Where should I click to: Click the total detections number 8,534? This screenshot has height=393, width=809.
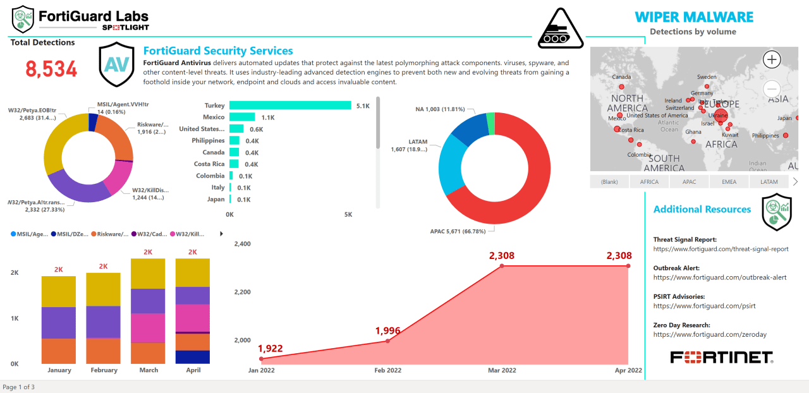pyautogui.click(x=51, y=70)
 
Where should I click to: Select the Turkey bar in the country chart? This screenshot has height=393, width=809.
pyautogui.click(x=290, y=106)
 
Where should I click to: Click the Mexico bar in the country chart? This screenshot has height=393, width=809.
pyautogui.click(x=242, y=117)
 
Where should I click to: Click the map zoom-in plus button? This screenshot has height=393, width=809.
pyautogui.click(x=772, y=60)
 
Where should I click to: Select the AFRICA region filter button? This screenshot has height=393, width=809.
pyautogui.click(x=649, y=182)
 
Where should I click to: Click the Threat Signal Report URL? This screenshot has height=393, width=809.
pyautogui.click(x=721, y=249)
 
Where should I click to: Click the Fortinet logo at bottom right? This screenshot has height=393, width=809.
pyautogui.click(x=722, y=357)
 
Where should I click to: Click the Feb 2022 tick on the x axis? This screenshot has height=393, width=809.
pyautogui.click(x=387, y=370)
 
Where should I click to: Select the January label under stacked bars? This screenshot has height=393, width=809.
pyautogui.click(x=59, y=370)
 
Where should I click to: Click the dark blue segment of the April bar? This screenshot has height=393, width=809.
pyautogui.click(x=192, y=356)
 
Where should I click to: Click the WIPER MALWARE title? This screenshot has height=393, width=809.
pyautogui.click(x=694, y=17)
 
